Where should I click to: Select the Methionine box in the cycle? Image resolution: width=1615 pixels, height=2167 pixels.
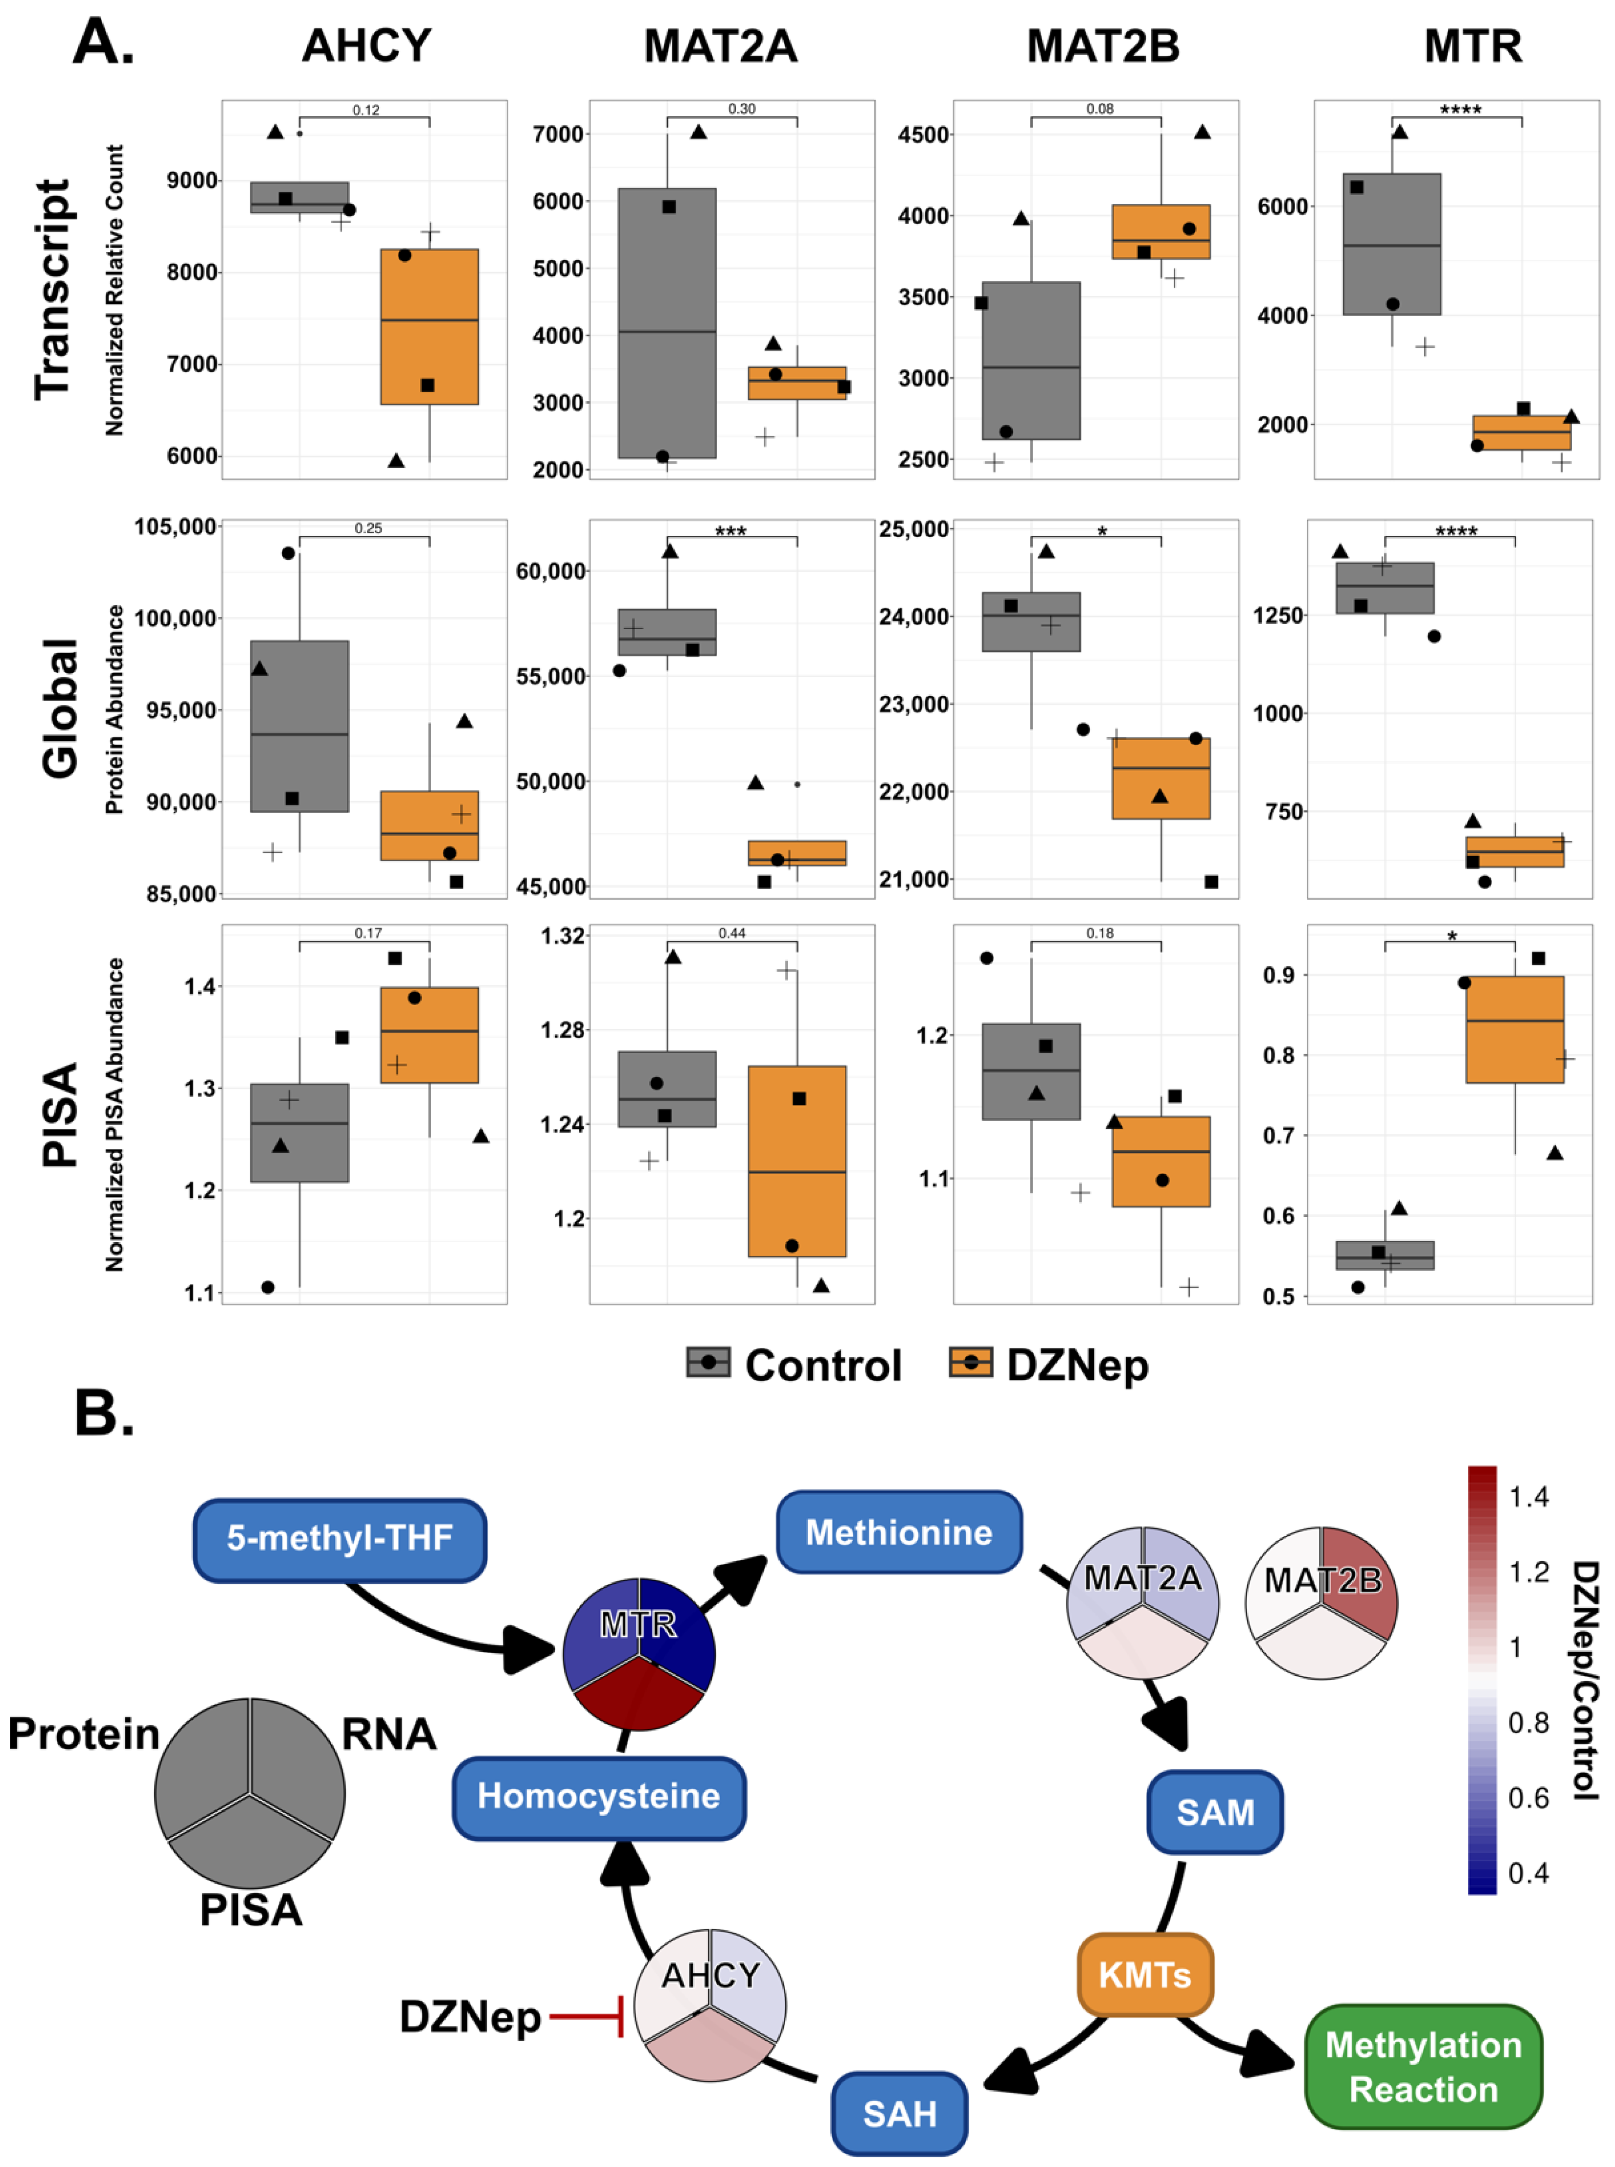click(x=898, y=1531)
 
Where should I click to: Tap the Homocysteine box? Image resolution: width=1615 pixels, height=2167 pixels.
click(x=598, y=1796)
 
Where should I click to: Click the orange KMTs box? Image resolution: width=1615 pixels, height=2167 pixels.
click(x=1145, y=1974)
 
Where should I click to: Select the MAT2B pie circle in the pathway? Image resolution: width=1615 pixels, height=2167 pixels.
click(x=1321, y=1603)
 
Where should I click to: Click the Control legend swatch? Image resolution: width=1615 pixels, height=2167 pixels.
click(x=708, y=1362)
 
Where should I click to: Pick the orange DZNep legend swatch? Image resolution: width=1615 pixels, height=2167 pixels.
click(x=971, y=1362)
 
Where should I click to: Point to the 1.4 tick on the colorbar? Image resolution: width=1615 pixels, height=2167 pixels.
click(x=1528, y=1497)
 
